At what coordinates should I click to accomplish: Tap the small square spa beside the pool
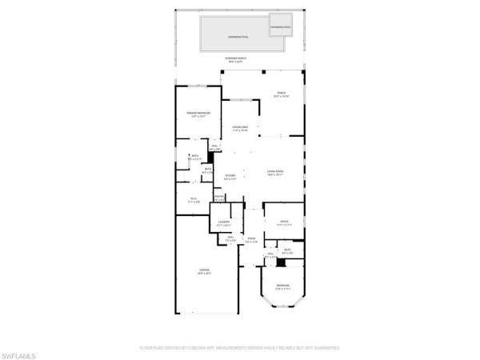[x=280, y=26]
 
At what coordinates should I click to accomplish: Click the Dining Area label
[x=240, y=129]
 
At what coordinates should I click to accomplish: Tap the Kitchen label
[x=230, y=178]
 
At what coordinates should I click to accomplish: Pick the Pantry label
[x=218, y=198]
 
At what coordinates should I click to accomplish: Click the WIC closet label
[x=193, y=199]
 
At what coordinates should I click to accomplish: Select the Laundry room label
[x=224, y=223]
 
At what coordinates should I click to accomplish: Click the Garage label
[x=204, y=272]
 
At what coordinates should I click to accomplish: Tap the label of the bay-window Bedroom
[x=283, y=288]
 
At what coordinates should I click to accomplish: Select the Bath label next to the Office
[x=288, y=252]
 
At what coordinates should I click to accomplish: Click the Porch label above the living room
[x=281, y=94]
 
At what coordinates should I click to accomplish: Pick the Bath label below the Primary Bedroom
[x=194, y=158]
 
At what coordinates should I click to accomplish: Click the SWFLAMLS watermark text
[x=20, y=353]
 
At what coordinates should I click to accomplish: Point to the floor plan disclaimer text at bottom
[x=240, y=348]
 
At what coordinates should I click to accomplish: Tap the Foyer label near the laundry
[x=250, y=240]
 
